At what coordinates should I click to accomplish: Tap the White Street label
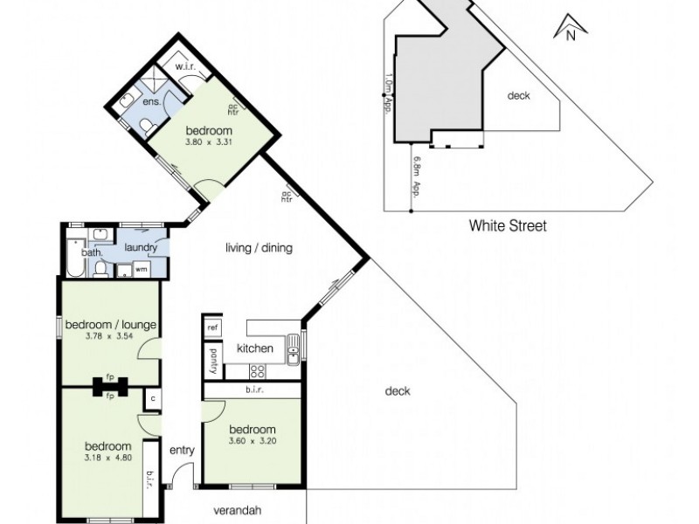508,226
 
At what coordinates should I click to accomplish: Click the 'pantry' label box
211,360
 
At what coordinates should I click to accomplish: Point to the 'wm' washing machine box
141,270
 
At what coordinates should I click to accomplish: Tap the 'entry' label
183,451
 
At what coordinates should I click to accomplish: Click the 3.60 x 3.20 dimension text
253,444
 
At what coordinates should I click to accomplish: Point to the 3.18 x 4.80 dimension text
108,459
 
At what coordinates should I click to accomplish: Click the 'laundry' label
140,248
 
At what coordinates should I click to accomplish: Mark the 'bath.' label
92,253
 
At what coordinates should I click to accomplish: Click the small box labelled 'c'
152,400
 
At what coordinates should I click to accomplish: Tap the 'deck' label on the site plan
519,96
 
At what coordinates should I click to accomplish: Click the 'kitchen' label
255,348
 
